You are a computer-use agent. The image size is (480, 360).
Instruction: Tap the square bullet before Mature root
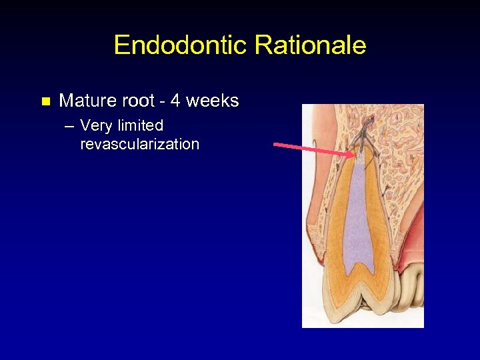pos(45,102)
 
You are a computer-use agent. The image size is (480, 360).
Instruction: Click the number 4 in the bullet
pos(175,101)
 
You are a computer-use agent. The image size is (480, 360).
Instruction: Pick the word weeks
pos(212,101)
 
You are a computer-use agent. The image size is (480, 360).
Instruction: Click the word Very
pos(95,125)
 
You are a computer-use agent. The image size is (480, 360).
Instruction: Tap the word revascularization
pos(139,144)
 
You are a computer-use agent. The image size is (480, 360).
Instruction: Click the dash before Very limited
pos(69,126)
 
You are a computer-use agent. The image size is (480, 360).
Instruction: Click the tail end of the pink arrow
pos(276,143)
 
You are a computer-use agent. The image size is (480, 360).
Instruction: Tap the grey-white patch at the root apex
pos(360,159)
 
